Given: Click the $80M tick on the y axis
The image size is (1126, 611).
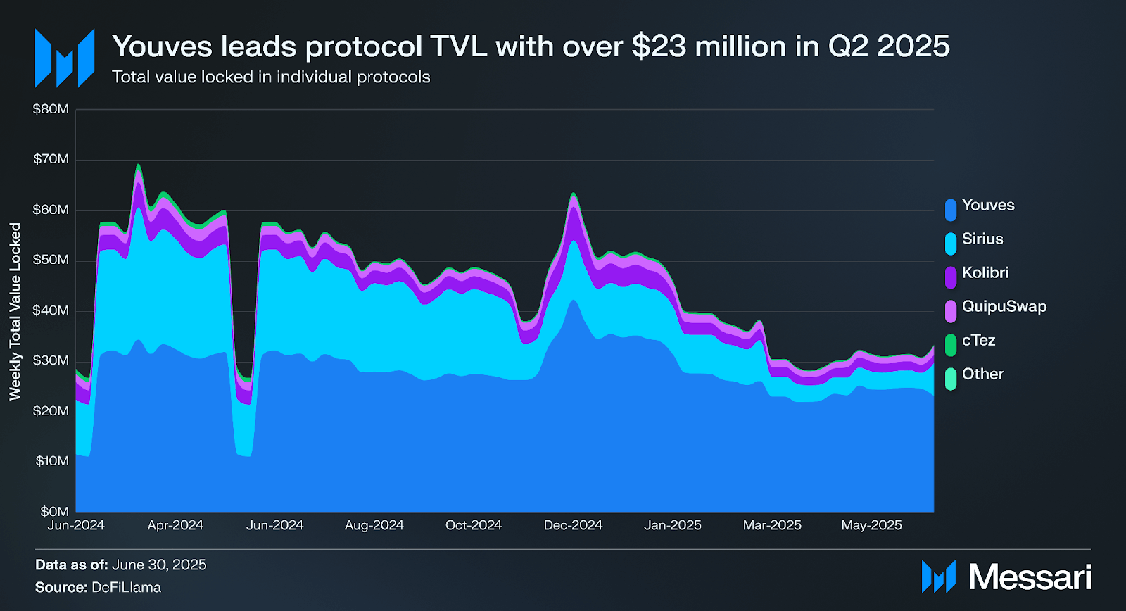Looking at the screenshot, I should click(x=51, y=109).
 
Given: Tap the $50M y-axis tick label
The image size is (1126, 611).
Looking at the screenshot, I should click(x=51, y=260).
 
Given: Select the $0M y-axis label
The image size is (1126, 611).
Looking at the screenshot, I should click(x=54, y=512).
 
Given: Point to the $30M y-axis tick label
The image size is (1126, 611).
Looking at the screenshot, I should click(x=51, y=361).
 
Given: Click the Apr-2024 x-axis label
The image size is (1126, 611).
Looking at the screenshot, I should click(x=175, y=526).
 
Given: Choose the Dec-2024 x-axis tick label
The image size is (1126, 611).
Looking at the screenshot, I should click(x=573, y=526).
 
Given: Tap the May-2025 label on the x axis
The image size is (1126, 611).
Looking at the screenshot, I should click(x=871, y=526).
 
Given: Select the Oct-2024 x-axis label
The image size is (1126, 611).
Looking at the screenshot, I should click(x=474, y=526).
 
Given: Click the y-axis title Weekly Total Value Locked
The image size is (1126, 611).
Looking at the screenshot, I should click(x=15, y=311).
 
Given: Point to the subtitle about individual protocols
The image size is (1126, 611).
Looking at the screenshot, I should click(x=271, y=77).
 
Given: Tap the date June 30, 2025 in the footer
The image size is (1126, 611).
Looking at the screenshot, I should click(x=159, y=565).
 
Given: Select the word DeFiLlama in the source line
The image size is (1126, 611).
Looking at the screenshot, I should click(x=126, y=588).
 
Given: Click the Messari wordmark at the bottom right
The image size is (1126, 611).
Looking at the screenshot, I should click(x=1030, y=577).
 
